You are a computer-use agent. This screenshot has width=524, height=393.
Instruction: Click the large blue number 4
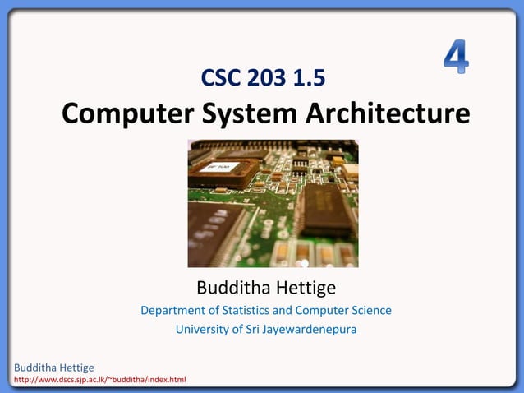[x=456, y=57]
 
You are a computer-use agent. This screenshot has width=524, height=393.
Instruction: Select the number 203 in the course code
[x=268, y=78]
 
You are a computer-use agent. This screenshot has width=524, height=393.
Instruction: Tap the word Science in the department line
[x=371, y=311]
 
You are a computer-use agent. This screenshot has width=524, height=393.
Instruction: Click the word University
[x=202, y=330]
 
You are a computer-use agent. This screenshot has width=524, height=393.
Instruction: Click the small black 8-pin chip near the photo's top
[x=301, y=165]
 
